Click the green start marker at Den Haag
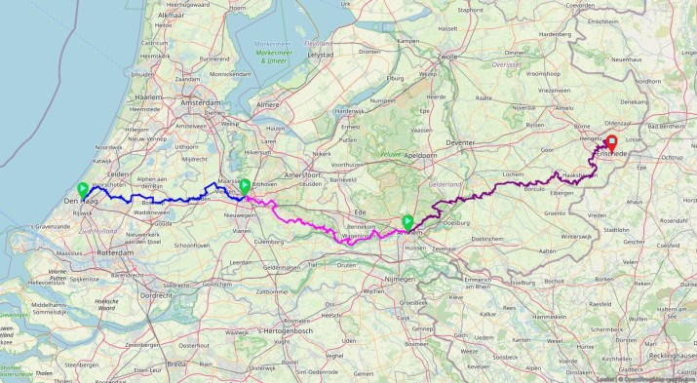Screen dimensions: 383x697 pyautogui.click(x=83, y=189)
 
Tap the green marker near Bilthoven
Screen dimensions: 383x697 pyautogui.click(x=244, y=185)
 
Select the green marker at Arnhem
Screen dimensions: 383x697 pyautogui.click(x=407, y=222)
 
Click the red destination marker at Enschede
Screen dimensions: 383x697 pyautogui.click(x=613, y=143)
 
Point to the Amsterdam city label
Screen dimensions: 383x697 pyautogui.click(x=201, y=102)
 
